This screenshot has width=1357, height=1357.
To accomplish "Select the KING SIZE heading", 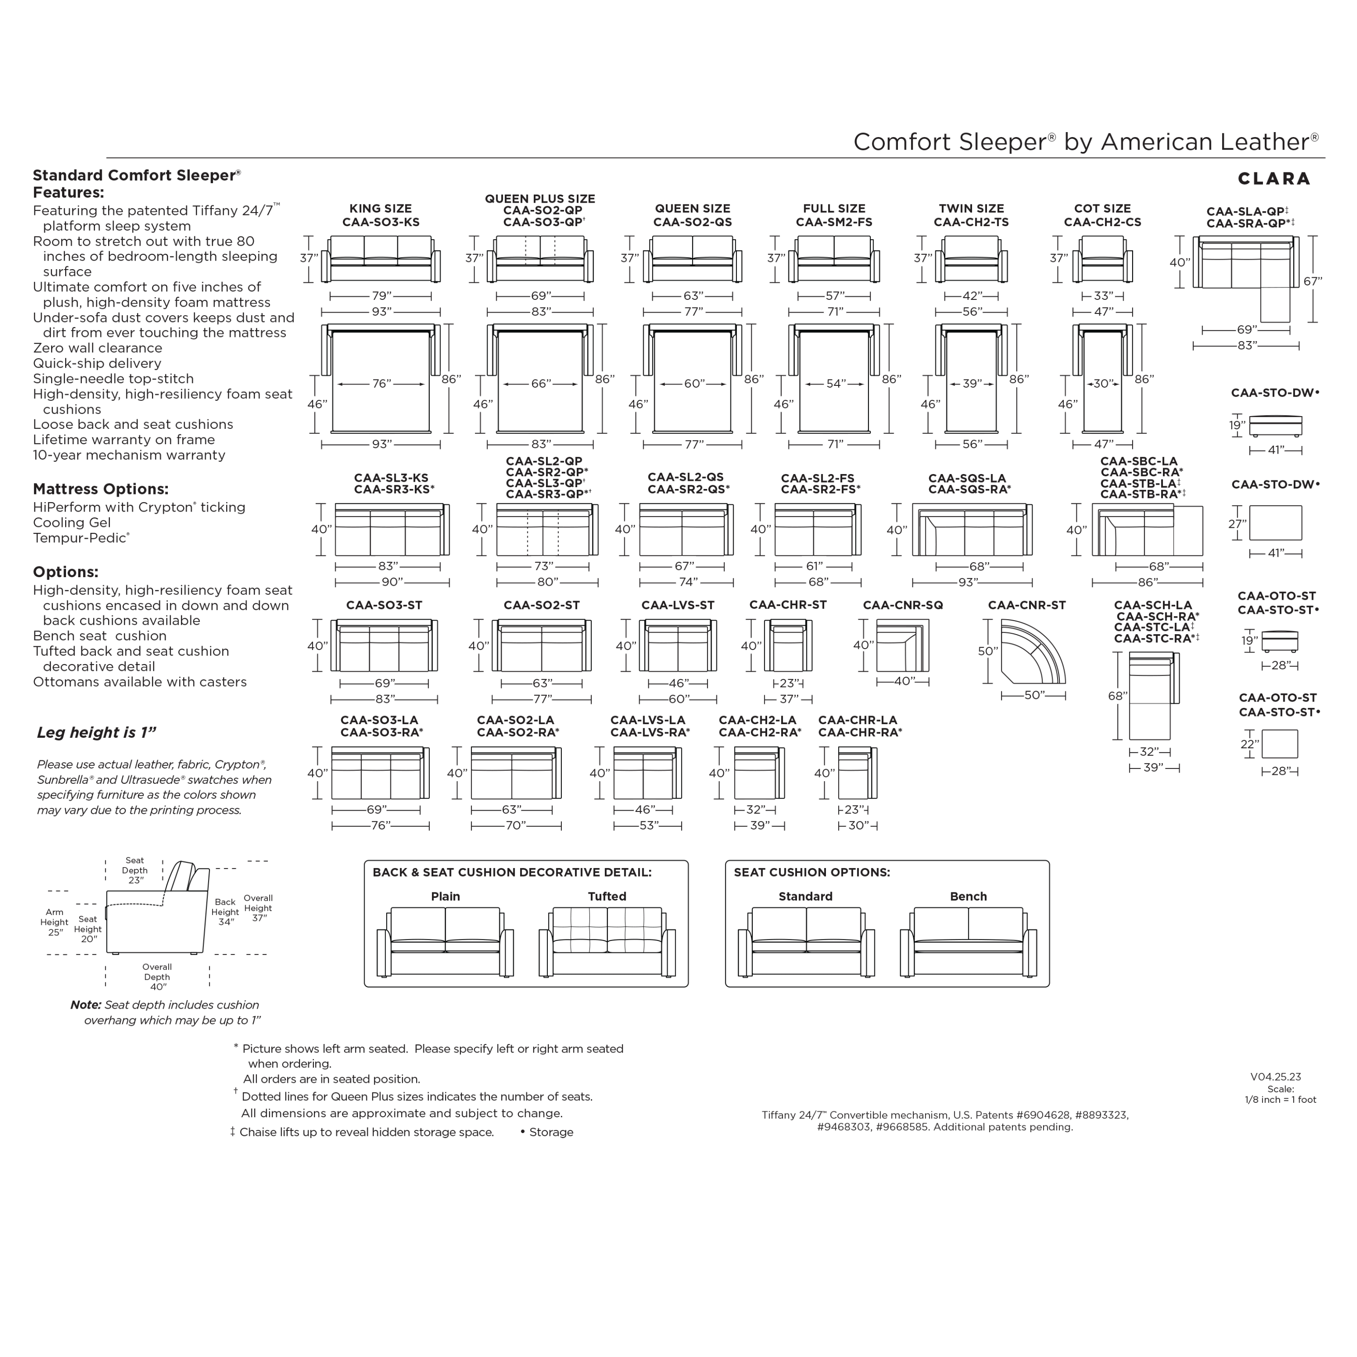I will (x=381, y=209).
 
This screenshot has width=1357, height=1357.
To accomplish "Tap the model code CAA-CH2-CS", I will (x=1102, y=223).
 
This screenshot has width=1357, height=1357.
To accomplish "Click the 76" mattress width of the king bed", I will (x=381, y=384).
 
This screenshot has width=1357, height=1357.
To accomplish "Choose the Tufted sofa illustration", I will (x=607, y=941).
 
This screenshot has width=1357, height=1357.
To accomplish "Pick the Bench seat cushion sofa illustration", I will (x=968, y=941).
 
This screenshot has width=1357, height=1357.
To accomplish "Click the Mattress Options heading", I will (x=100, y=489).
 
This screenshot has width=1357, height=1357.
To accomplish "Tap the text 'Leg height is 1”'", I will (x=96, y=733).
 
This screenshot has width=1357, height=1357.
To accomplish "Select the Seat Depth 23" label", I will (x=135, y=870).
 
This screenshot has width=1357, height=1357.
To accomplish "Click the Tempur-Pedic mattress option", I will (x=81, y=538).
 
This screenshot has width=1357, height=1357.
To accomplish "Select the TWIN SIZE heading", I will (x=972, y=209).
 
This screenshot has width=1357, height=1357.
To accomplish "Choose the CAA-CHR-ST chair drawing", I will (x=788, y=645).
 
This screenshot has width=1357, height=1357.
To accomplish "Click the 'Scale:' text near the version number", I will (x=1281, y=1089).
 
